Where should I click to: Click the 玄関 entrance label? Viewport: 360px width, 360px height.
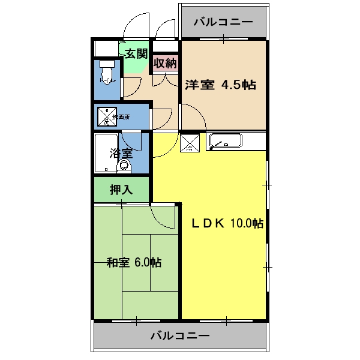136,53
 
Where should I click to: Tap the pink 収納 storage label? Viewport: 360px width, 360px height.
165,63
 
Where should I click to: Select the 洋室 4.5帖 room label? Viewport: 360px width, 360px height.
220,85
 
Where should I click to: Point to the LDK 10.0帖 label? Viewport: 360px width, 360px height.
227,223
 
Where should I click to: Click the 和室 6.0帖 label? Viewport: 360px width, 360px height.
134,262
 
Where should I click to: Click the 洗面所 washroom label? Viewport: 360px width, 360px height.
121,116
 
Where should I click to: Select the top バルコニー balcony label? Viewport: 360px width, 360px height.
223,22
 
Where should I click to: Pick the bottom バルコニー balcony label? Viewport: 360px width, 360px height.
180,335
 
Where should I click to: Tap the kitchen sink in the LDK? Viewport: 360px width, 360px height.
225,142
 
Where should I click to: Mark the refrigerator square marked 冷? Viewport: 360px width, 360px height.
190,143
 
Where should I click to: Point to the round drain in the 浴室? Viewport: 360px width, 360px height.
125,166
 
